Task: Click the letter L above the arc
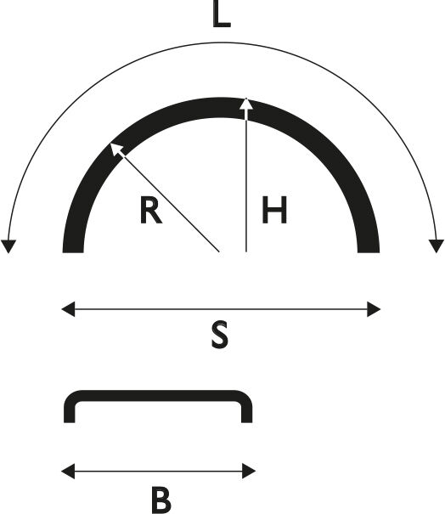[x=221, y=14]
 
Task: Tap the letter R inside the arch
[x=150, y=210]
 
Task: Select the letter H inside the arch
[x=274, y=210]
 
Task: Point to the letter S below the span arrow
[x=220, y=335]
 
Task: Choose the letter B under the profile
[x=161, y=500]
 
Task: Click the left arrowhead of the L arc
[x=8, y=246]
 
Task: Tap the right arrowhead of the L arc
[x=437, y=246]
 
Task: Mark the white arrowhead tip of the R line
[x=110, y=144]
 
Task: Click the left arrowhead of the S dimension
[x=68, y=309]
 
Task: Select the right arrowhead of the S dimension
[x=374, y=309]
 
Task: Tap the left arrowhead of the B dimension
[x=68, y=471]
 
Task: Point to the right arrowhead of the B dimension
[x=249, y=471]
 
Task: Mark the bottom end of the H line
[x=246, y=251]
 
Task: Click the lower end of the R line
[x=218, y=251]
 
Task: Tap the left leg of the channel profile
[x=69, y=411]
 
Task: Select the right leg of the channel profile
[x=247, y=411]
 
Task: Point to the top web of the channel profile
[x=158, y=396]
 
